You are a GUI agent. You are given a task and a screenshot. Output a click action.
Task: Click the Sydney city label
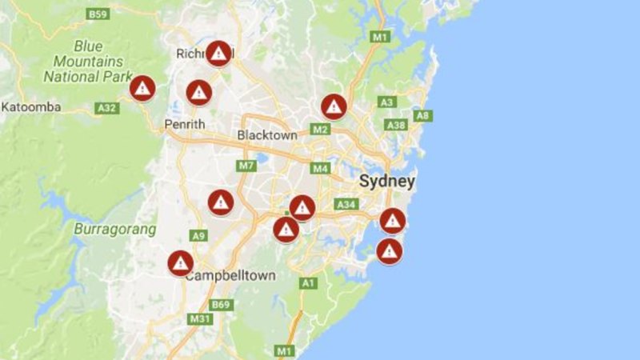click(387, 181)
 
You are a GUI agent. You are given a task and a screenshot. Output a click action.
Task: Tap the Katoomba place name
click(28, 106)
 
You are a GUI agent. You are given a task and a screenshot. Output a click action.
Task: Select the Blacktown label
click(267, 135)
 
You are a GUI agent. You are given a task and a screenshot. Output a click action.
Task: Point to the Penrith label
click(185, 124)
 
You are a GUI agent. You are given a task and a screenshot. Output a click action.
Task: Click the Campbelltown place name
click(230, 275)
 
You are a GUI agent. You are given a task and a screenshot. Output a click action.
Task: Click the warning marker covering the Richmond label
click(218, 54)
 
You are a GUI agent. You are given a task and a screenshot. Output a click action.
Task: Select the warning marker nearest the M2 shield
click(334, 106)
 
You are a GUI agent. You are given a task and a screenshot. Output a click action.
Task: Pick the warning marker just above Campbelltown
click(181, 262)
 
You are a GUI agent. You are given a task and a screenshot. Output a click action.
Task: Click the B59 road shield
click(98, 14)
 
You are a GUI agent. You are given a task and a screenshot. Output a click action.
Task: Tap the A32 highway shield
click(106, 107)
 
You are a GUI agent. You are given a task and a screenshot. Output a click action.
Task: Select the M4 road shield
click(321, 168)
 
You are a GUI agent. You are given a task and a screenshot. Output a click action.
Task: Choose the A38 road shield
click(395, 126)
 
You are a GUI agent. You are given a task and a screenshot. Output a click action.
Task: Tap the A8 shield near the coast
click(423, 116)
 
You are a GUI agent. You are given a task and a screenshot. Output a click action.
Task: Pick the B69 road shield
click(220, 305)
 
